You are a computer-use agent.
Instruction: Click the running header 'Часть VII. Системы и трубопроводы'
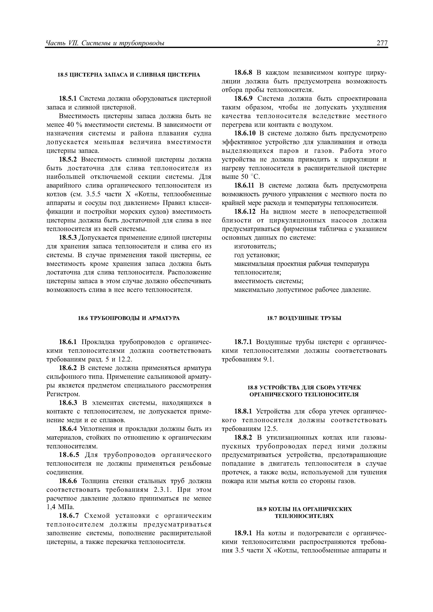pyautogui.click(x=105, y=43)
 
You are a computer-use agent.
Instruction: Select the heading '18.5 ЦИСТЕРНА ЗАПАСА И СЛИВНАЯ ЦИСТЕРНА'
pyautogui.click(x=129, y=75)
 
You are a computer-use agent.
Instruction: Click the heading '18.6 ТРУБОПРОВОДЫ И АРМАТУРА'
pyautogui.click(x=129, y=318)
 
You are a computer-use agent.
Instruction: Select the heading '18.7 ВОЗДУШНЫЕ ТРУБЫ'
pyautogui.click(x=304, y=318)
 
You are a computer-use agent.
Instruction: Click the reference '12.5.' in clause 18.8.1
pyautogui.click(x=271, y=429)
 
